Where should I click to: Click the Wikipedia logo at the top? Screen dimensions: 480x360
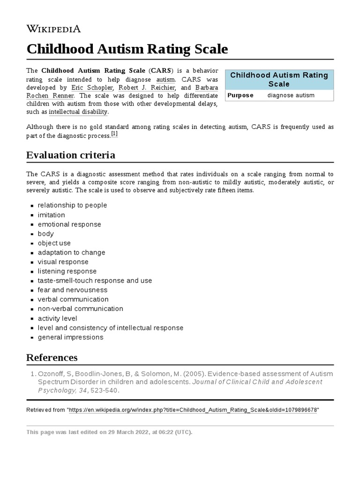pyautogui.click(x=53, y=29)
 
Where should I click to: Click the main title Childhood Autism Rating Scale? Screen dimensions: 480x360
pyautogui.click(x=127, y=49)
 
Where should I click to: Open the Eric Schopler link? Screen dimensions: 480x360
pyautogui.click(x=92, y=88)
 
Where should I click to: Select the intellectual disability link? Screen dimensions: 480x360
pyautogui.click(x=78, y=112)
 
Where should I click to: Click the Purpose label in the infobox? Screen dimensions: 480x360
pyautogui.click(x=240, y=95)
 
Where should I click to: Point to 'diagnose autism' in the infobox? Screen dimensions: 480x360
pyautogui.click(x=291, y=95)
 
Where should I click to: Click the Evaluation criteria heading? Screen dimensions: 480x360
pyautogui.click(x=71, y=155)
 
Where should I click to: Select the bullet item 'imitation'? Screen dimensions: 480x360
pyautogui.click(x=52, y=215)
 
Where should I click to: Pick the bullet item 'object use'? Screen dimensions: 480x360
pyautogui.click(x=54, y=243)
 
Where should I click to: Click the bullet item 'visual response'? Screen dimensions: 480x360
pyautogui.click(x=63, y=262)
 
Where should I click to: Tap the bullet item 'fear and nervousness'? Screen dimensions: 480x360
pyautogui.click(x=73, y=290)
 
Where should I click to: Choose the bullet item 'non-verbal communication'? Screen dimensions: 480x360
pyautogui.click(x=81, y=308)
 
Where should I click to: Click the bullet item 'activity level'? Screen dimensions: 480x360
pyautogui.click(x=58, y=318)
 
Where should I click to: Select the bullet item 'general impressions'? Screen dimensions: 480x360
pyautogui.click(x=70, y=337)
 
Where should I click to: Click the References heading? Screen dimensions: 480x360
pyautogui.click(x=52, y=358)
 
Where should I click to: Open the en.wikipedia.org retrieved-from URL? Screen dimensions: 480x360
pyautogui.click(x=194, y=410)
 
